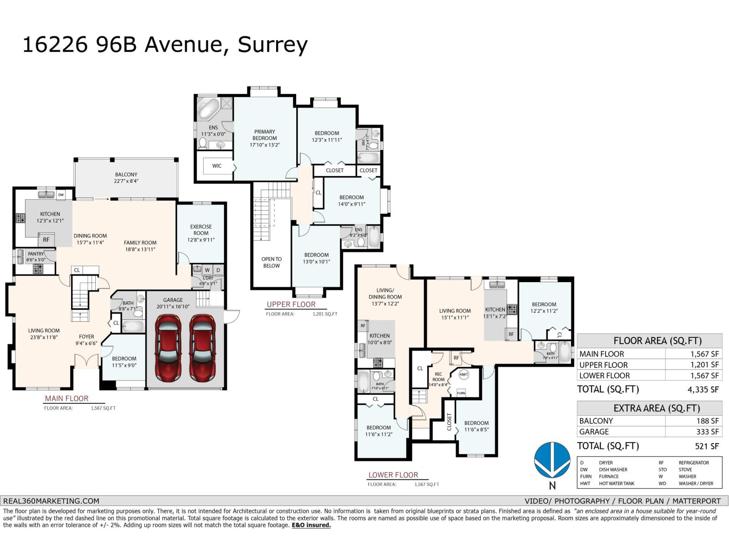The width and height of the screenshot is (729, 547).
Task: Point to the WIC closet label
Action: (x=217, y=166)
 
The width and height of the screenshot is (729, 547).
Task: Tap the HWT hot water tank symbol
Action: (x=464, y=375)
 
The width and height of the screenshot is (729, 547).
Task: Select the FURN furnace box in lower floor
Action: (x=461, y=393)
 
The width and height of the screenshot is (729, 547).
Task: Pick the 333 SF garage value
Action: (x=707, y=432)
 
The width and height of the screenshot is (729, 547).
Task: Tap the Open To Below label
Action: (x=272, y=262)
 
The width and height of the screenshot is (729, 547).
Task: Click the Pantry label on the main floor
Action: (x=36, y=254)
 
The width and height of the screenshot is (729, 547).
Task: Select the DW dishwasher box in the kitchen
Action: (x=61, y=195)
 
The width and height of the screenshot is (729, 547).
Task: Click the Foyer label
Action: (x=86, y=337)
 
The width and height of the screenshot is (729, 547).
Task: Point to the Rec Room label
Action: (x=438, y=377)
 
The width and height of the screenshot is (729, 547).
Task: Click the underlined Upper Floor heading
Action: (x=291, y=304)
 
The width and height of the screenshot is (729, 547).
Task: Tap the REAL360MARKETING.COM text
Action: (x=51, y=501)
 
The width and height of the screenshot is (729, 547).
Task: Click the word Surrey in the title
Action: (x=272, y=45)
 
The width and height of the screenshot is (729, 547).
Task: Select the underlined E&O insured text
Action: (x=311, y=525)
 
